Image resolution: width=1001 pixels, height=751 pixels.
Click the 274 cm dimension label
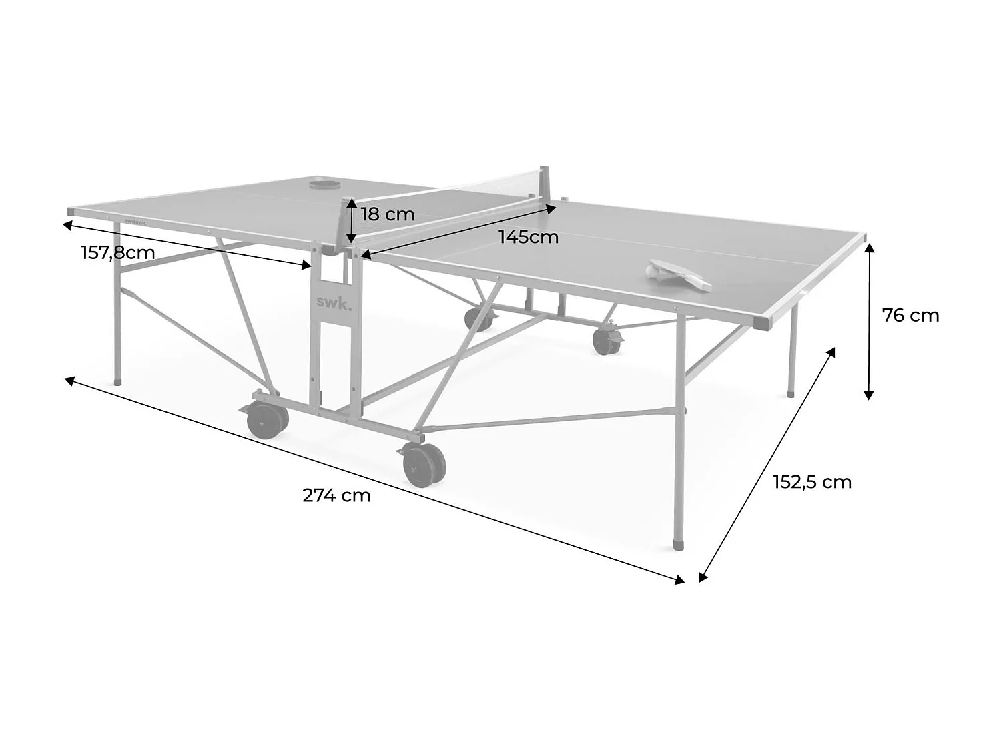coord(336,495)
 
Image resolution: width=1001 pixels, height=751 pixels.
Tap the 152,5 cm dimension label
coord(812,482)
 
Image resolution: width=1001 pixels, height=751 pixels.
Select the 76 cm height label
coord(910,315)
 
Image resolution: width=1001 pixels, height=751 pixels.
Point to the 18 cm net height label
coord(387,214)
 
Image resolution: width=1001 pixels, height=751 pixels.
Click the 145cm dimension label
coord(529,237)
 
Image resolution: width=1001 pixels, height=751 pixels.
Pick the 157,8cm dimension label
coord(118,253)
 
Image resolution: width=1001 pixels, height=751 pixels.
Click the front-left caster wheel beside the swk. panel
coord(268,419)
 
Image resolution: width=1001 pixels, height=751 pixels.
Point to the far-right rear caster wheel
coord(606,341)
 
